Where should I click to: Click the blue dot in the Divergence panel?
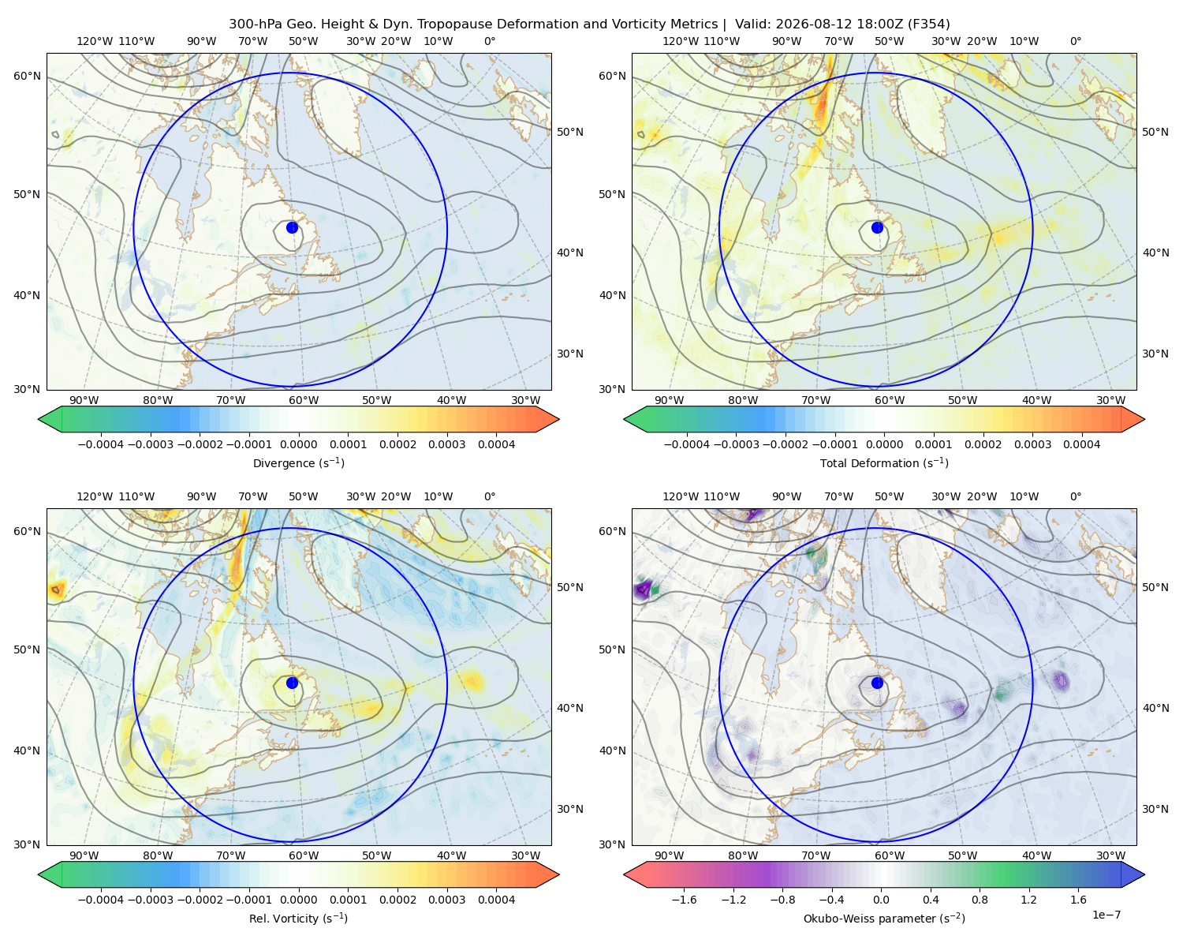coord(292,227)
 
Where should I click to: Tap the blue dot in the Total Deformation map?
coord(877,227)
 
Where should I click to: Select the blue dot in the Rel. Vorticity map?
coord(292,683)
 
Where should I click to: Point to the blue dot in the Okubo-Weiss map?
coord(877,683)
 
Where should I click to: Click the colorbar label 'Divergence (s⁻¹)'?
coord(298,462)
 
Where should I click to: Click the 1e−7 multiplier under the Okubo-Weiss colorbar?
coord(1106,915)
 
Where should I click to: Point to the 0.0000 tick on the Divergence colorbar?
coord(298,444)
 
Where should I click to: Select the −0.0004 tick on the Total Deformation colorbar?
coord(687,444)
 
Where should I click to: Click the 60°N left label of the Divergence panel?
coord(27,76)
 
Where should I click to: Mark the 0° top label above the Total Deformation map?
coord(1075,41)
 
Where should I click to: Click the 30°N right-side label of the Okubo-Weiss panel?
coord(1155,808)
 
